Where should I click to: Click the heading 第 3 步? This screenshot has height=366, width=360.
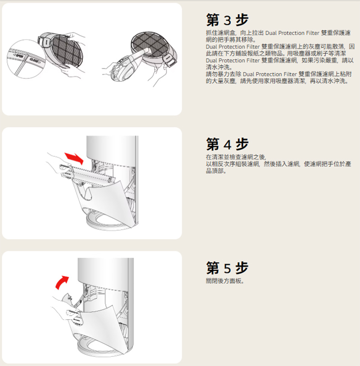pos(227,20)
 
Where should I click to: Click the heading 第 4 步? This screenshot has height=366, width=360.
pos(227,144)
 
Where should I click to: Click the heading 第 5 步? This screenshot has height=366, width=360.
pos(227,268)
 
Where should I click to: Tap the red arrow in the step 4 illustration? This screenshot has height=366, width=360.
pos(74,158)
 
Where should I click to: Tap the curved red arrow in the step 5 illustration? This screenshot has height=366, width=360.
pos(62,282)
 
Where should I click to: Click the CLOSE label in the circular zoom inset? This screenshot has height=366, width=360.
pos(35,61)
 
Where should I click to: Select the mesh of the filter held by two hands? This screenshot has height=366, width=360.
pos(67,51)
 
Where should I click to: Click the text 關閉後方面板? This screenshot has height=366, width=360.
pos(225,281)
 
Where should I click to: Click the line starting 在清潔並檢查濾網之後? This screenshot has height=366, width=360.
pos(236,157)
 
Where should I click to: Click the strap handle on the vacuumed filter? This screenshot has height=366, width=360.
pos(170,61)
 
